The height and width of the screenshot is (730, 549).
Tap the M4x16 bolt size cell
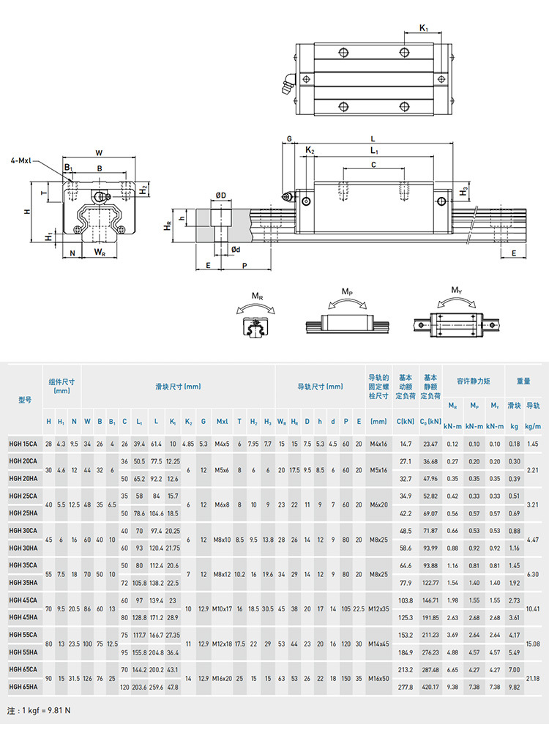point(378,444)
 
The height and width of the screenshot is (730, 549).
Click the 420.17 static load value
point(430,687)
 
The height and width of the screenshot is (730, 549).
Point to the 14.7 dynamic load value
point(406,444)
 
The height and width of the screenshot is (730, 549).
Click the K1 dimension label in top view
point(424,28)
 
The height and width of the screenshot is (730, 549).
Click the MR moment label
point(258,295)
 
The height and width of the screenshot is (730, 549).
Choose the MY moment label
point(456,290)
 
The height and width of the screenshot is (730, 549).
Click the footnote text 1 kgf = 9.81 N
point(40,711)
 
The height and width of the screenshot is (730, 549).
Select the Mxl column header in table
point(222,422)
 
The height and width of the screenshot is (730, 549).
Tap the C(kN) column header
point(406,422)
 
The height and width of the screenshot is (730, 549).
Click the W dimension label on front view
point(99,152)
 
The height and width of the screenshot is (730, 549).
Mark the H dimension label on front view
point(26,211)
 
